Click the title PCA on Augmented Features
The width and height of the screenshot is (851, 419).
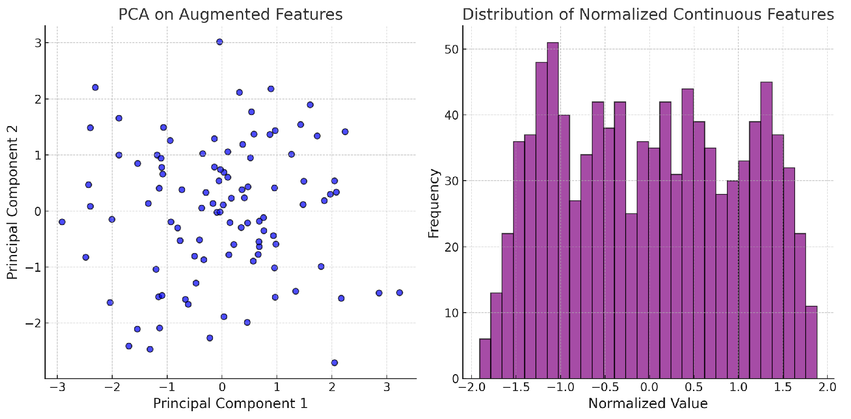(230, 15)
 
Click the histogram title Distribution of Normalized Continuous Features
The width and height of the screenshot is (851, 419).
(648, 15)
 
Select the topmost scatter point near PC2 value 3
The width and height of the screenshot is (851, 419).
(219, 42)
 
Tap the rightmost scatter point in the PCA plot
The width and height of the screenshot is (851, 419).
(399, 292)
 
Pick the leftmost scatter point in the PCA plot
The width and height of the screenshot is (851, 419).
(62, 222)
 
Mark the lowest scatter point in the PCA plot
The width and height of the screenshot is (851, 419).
(334, 363)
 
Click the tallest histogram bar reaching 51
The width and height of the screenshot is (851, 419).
(553, 211)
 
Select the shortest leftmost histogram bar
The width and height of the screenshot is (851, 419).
(485, 358)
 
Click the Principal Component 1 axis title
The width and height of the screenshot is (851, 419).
(230, 403)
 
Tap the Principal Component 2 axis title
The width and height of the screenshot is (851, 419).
(12, 202)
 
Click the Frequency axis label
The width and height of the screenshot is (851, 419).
(433, 203)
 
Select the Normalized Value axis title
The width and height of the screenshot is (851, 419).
(648, 403)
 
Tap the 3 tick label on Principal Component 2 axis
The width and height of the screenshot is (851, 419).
(38, 43)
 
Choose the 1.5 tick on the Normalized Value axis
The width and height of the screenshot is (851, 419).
(783, 387)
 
